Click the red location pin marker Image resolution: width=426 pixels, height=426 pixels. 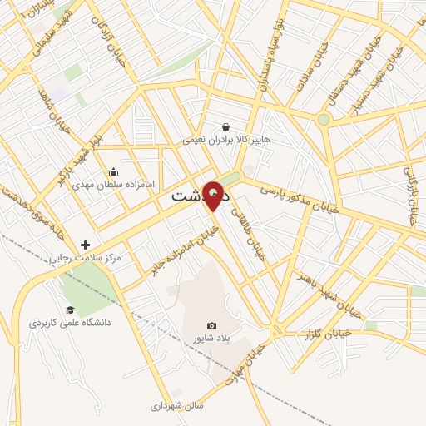tap(213, 195)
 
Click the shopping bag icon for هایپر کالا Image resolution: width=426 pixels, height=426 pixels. tap(226, 127)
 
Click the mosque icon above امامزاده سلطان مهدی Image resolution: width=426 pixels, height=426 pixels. tap(113, 171)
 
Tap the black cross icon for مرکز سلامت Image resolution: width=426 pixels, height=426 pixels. tap(85, 245)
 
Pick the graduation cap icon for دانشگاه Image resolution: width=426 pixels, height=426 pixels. tap(70, 310)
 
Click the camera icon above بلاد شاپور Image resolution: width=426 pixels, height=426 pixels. tap(211, 325)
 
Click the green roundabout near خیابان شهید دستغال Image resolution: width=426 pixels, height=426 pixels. tap(324, 120)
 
